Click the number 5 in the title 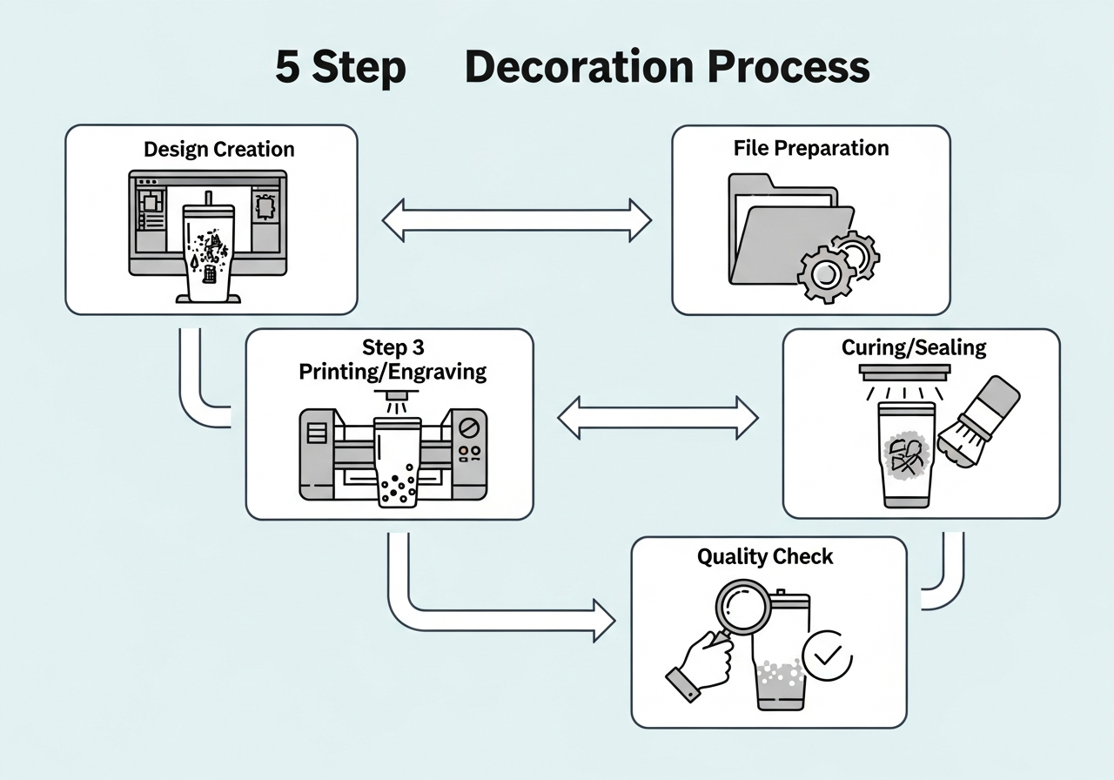click(x=287, y=67)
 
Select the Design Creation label click(x=218, y=149)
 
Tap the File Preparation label click(x=810, y=148)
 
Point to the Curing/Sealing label click(x=914, y=348)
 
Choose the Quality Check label click(x=764, y=557)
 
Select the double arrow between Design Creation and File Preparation click(x=517, y=219)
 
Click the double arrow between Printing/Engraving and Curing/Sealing click(x=658, y=417)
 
